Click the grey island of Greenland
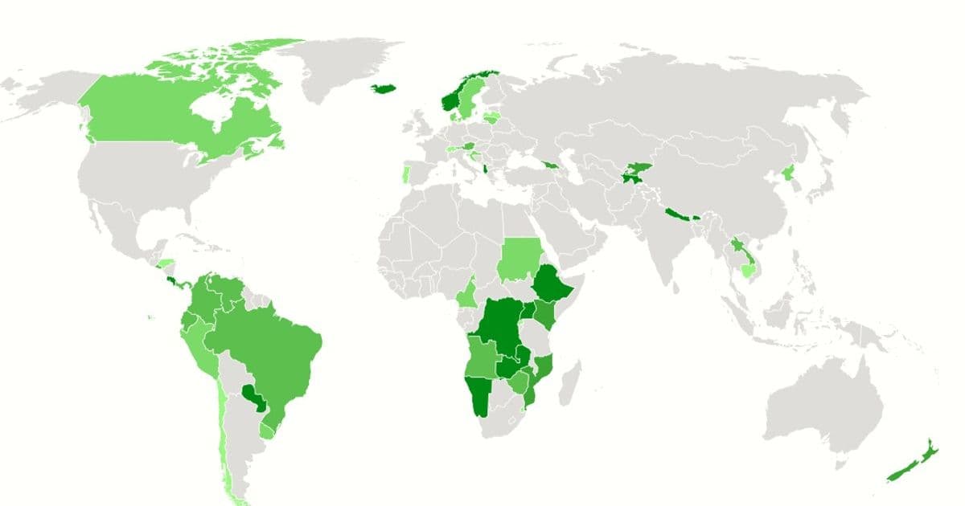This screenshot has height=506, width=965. [x=346, y=64]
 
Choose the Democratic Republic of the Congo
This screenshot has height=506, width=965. [x=495, y=329]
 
